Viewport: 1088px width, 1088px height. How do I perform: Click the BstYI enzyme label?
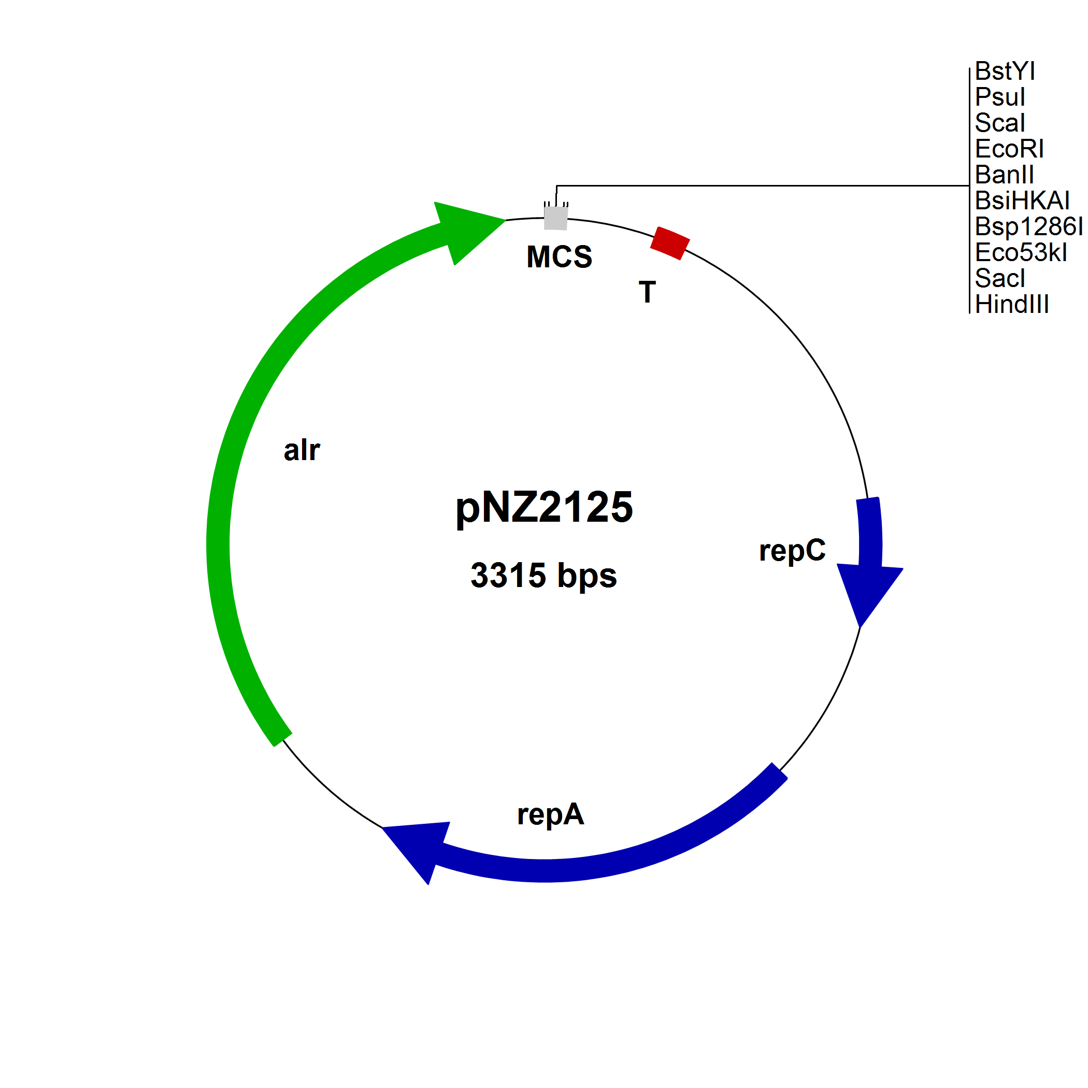tap(1005, 71)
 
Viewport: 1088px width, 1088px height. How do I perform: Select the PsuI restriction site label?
tap(999, 97)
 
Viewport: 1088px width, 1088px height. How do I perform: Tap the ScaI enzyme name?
tap(999, 123)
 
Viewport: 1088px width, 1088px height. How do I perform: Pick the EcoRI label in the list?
tap(1009, 149)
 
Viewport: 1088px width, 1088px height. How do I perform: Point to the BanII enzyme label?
tap(1004, 175)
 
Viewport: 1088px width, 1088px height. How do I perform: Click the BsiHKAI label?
tap(1022, 201)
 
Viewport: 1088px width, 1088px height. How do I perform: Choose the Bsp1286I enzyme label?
tap(1028, 226)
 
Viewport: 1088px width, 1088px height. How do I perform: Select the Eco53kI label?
tap(1021, 252)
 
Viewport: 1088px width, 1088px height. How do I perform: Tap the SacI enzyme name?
tap(999, 278)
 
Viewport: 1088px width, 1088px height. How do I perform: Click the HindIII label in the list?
tap(1011, 304)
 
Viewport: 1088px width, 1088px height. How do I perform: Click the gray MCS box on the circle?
tap(556, 218)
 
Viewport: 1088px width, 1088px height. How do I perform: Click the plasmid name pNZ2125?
tap(544, 507)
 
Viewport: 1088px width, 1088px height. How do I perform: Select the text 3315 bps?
tap(543, 576)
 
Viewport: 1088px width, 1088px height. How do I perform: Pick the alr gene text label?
tap(302, 451)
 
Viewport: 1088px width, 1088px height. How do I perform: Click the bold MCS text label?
tap(559, 257)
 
